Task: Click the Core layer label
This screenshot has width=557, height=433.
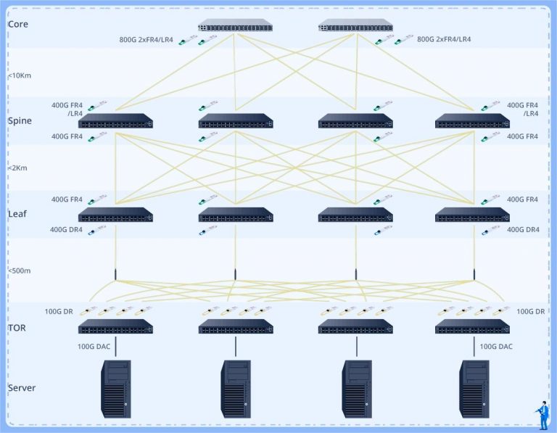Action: point(18,24)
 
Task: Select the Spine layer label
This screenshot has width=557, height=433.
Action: point(20,120)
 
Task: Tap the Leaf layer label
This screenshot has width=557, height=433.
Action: point(17,214)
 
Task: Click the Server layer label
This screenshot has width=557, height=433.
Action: point(22,387)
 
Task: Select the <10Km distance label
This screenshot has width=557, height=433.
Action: point(20,75)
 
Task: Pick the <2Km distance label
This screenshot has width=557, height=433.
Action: point(18,168)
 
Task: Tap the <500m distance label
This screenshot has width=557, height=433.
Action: point(20,271)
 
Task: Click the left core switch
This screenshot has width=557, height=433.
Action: point(235,26)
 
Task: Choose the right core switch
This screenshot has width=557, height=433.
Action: point(355,26)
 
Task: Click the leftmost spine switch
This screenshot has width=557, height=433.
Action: point(115,121)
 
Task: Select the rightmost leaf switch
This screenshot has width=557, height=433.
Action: point(472,215)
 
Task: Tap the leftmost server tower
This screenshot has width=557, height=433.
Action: point(116,389)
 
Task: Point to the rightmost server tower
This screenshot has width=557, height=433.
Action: point(474,389)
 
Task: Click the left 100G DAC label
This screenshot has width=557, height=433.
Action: point(94,346)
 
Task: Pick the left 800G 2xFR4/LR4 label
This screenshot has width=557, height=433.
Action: point(146,39)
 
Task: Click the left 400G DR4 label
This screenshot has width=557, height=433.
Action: point(67,229)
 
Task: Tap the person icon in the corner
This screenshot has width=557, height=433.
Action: point(542,413)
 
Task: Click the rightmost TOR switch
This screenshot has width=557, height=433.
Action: point(472,327)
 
